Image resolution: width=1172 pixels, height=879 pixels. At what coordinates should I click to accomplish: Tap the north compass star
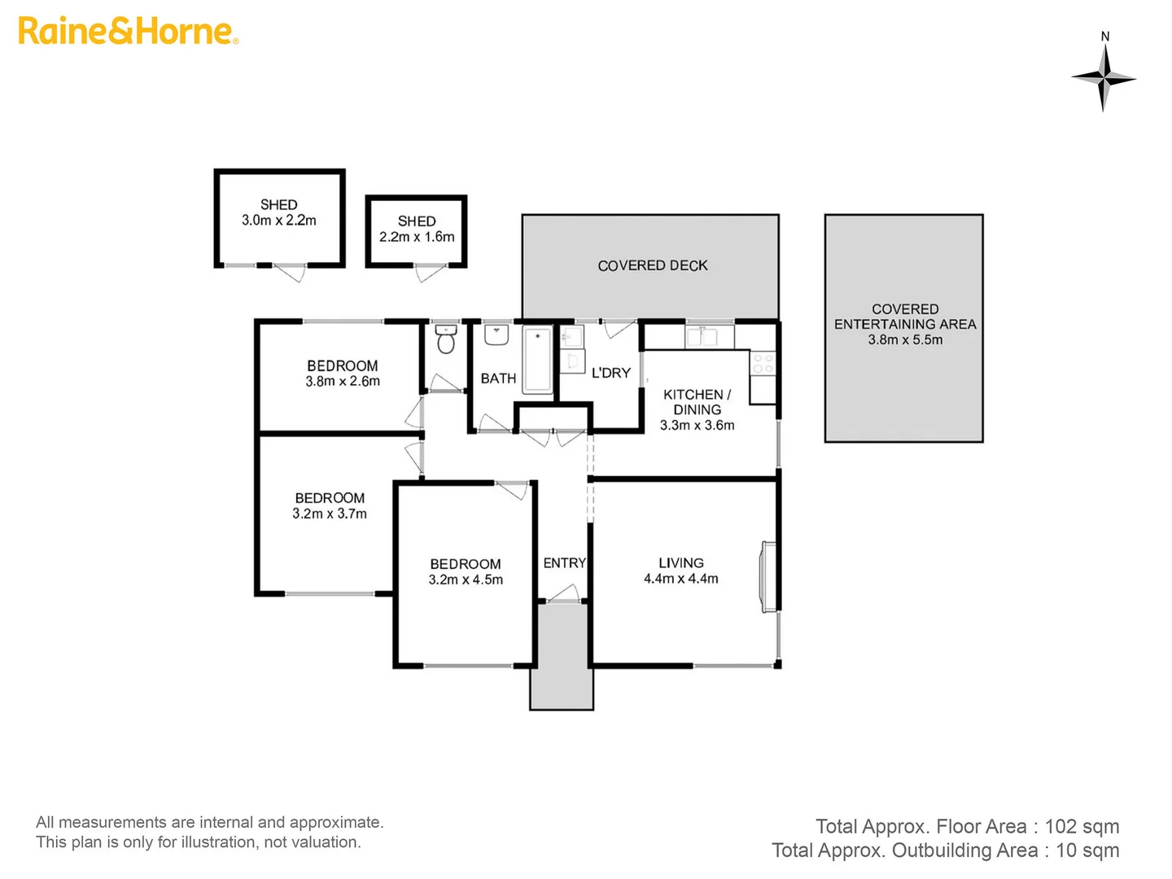(x=1103, y=78)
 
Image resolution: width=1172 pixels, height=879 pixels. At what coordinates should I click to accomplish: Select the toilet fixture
(x=445, y=339)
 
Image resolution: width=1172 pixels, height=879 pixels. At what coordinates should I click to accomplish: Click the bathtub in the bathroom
(x=537, y=361)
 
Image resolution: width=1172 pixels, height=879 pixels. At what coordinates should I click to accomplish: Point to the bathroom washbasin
(x=496, y=335)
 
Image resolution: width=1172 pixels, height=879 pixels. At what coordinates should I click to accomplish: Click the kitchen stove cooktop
(x=763, y=364)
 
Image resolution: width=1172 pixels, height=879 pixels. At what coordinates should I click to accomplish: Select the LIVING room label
(x=680, y=562)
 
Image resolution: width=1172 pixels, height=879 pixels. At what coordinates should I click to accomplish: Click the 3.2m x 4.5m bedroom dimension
(x=466, y=579)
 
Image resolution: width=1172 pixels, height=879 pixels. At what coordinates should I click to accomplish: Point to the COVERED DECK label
(x=653, y=265)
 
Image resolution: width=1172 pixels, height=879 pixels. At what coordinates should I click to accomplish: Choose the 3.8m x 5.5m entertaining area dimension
(x=905, y=339)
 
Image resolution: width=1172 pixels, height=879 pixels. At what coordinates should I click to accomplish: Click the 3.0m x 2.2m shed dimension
(x=278, y=220)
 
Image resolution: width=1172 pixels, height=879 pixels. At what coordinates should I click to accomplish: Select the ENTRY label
(x=564, y=562)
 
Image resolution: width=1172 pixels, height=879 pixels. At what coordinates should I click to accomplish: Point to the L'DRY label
(x=611, y=373)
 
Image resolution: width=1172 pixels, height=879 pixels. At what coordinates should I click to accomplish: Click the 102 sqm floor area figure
(x=1082, y=826)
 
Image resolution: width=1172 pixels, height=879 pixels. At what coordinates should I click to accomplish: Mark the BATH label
(x=498, y=378)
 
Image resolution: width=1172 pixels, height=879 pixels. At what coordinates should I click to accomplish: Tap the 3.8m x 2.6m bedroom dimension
(x=343, y=381)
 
